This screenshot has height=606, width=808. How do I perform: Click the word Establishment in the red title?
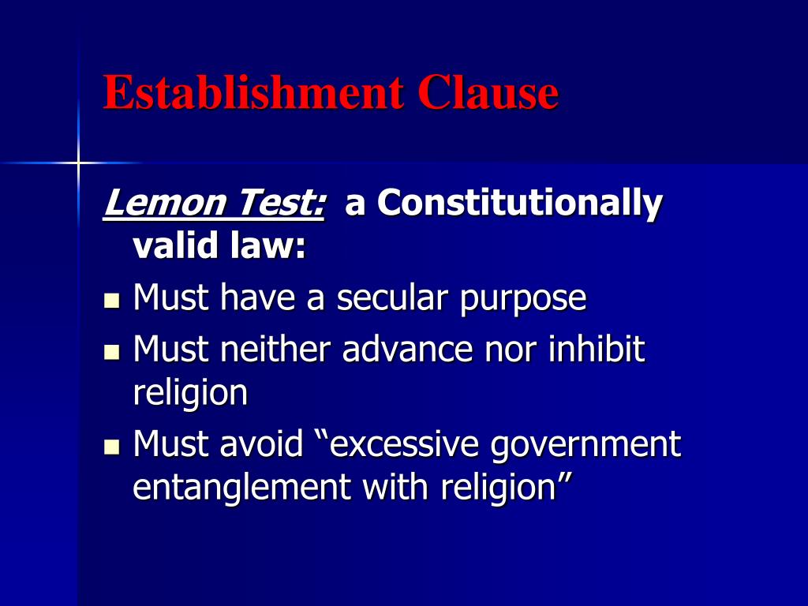click(252, 92)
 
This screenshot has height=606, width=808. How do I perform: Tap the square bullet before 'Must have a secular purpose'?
click(111, 301)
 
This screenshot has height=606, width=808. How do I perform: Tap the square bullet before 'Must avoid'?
click(111, 447)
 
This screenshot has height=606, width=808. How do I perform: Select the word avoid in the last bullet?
click(261, 445)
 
